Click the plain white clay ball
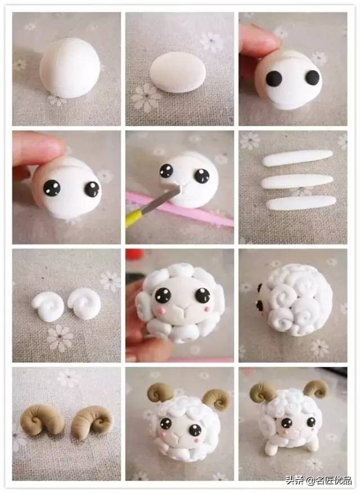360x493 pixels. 70,67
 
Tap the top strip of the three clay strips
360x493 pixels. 298,157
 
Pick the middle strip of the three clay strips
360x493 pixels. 297,181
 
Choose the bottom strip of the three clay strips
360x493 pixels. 301,203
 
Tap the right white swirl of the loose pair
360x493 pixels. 84,303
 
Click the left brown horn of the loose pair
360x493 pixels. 43,420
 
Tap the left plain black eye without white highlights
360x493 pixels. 274,78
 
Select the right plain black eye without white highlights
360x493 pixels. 313,78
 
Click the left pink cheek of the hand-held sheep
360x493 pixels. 163,311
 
